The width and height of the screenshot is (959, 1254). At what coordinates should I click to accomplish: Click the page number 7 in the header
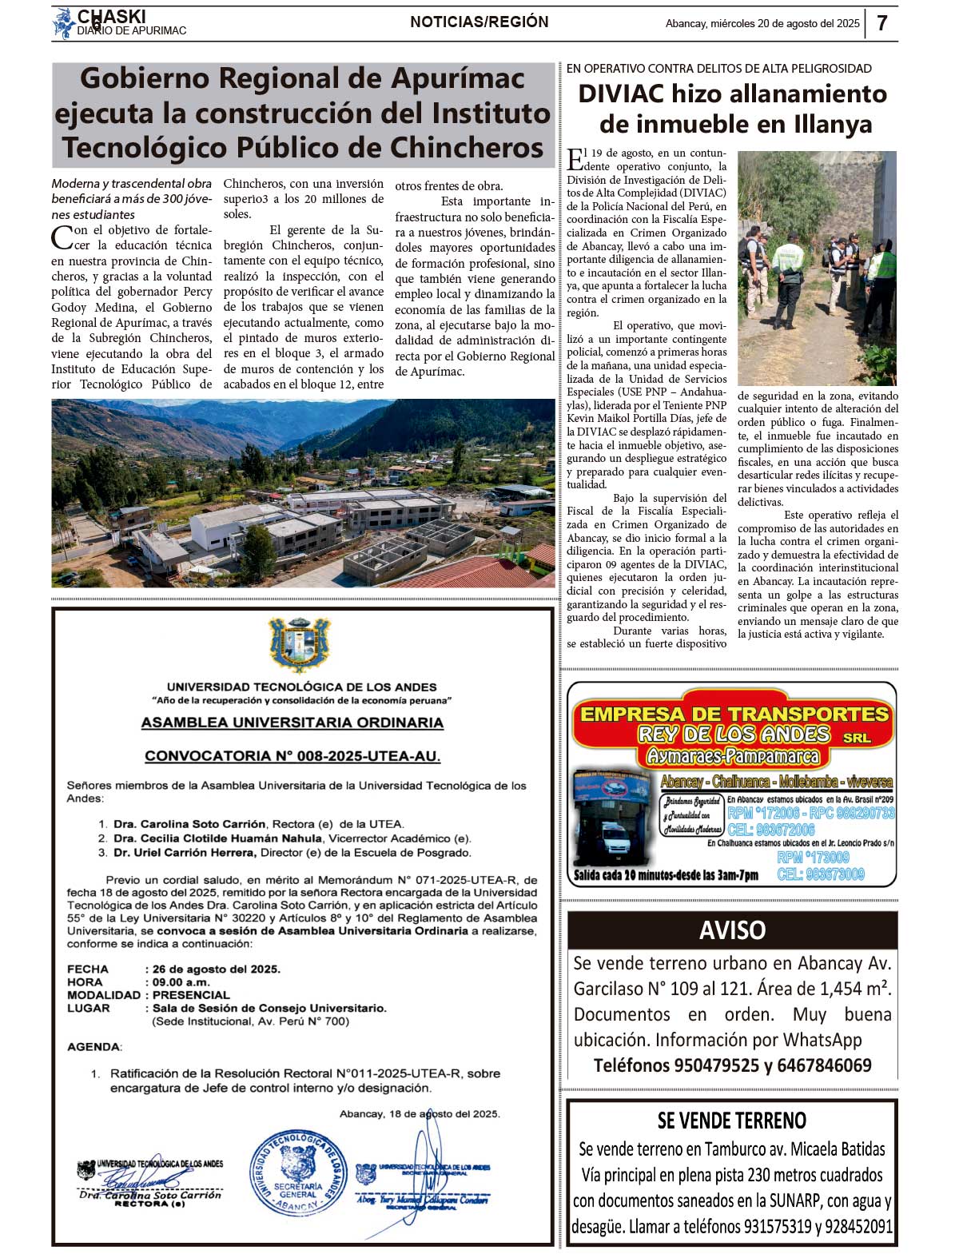pyautogui.click(x=881, y=23)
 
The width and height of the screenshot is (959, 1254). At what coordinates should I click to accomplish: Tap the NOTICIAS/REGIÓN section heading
pyautogui.click(x=479, y=22)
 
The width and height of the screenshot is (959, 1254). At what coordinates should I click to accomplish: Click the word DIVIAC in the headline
pyautogui.click(x=620, y=94)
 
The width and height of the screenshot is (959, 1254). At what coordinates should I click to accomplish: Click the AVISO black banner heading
pyautogui.click(x=732, y=930)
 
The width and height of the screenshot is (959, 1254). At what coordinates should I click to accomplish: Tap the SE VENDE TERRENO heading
pyautogui.click(x=731, y=1121)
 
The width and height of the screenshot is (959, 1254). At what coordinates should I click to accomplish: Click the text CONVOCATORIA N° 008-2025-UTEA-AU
pyautogui.click(x=292, y=756)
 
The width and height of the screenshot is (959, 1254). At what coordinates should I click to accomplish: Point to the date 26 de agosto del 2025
pyautogui.click(x=217, y=969)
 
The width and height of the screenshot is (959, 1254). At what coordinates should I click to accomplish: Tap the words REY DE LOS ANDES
pyautogui.click(x=734, y=734)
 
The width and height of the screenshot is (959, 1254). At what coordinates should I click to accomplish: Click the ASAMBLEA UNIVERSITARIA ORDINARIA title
pyautogui.click(x=292, y=723)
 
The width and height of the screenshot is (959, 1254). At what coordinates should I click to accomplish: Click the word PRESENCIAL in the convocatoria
pyautogui.click(x=191, y=995)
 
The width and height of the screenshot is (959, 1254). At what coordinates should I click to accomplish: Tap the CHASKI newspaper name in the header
pyautogui.click(x=111, y=16)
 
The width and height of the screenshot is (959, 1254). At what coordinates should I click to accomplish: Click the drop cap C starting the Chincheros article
pyautogui.click(x=62, y=237)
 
